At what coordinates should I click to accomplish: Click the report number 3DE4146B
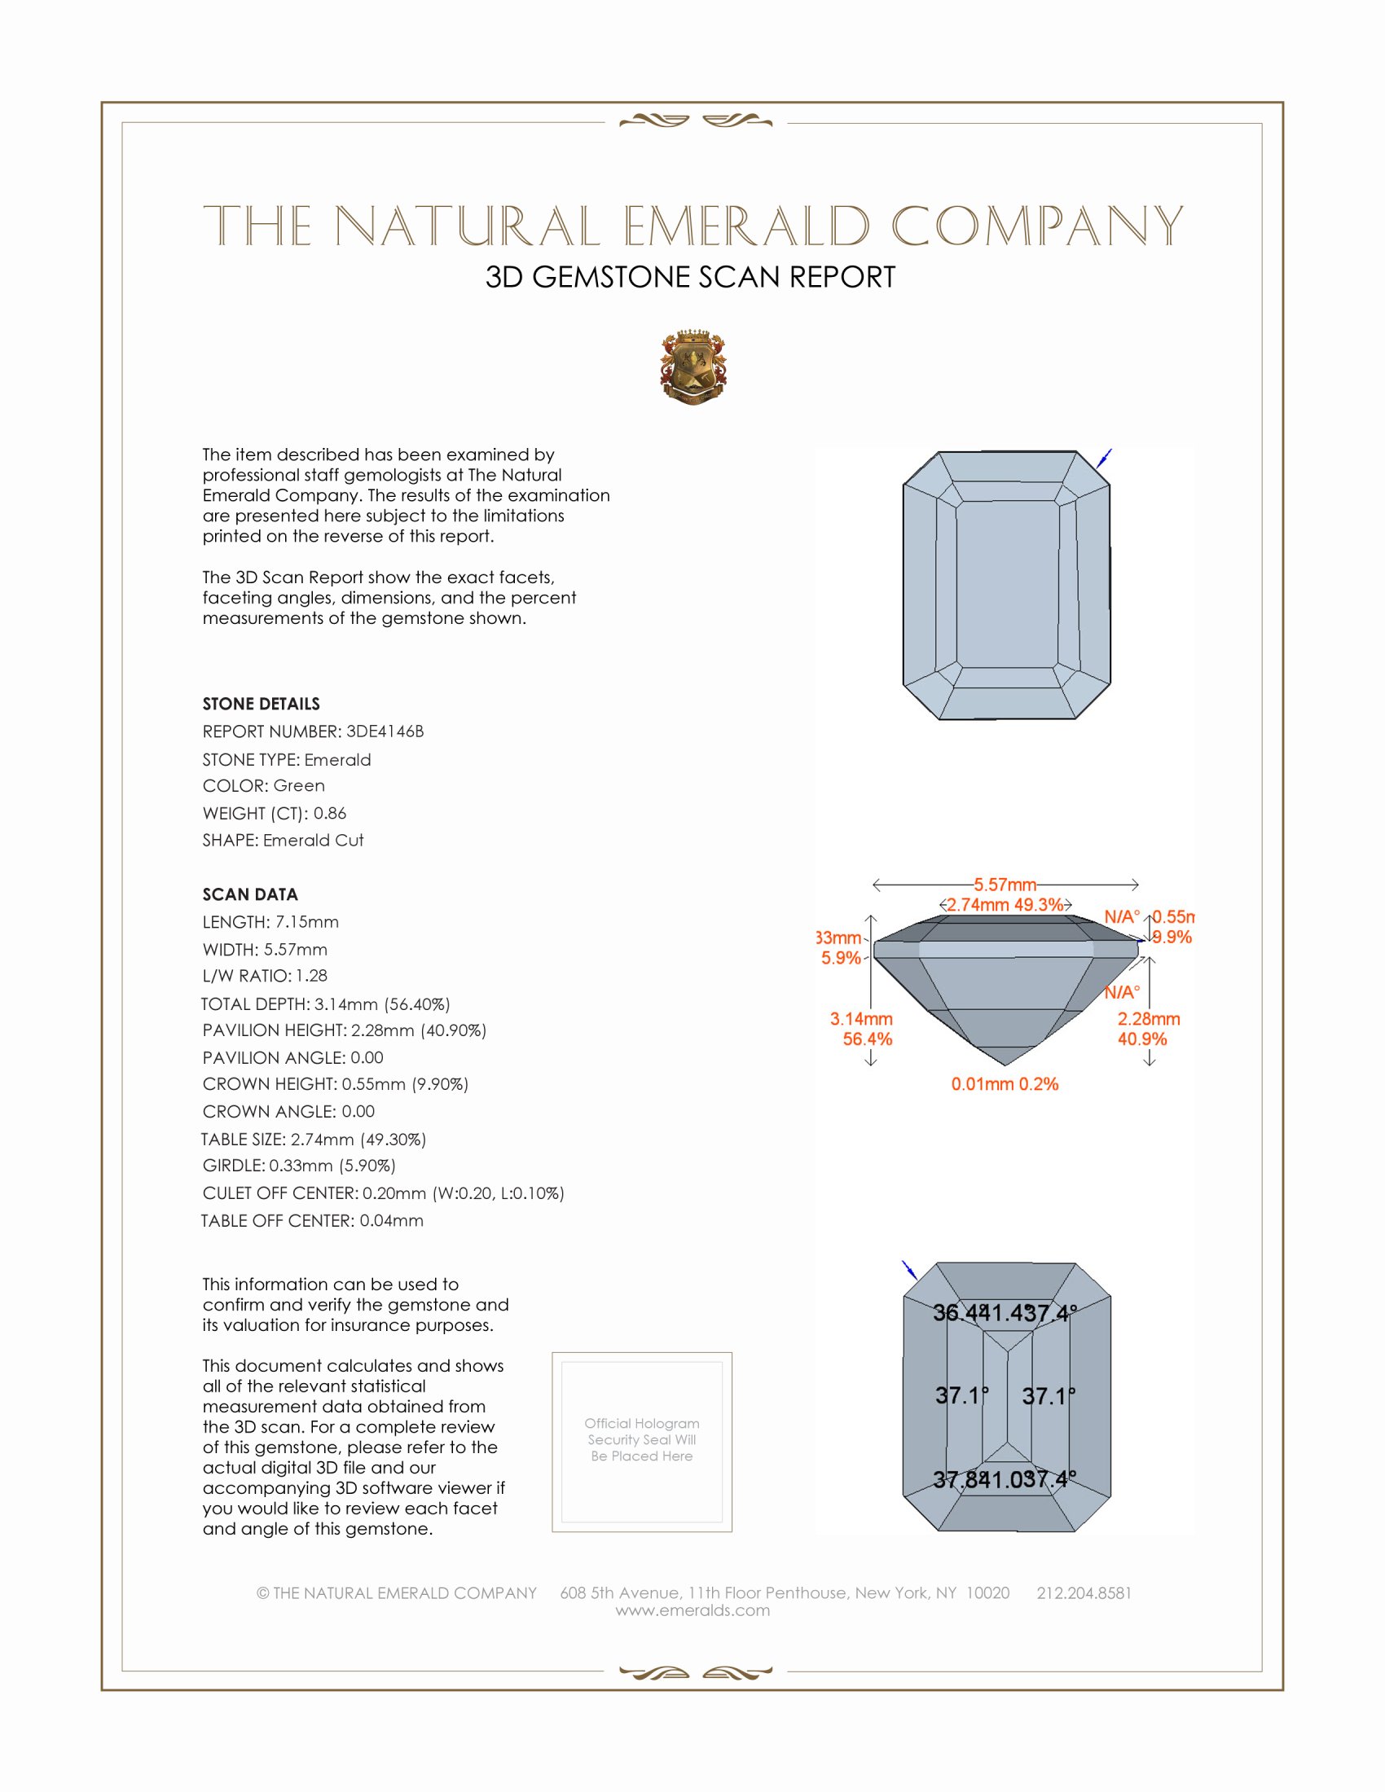(384, 731)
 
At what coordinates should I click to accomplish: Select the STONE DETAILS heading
(261, 703)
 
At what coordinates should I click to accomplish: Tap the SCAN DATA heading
(249, 894)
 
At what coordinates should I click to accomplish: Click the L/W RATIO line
(264, 976)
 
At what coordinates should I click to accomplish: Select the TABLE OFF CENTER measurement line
(312, 1220)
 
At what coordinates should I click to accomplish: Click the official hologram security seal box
(642, 1442)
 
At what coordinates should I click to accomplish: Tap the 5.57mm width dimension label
(1005, 885)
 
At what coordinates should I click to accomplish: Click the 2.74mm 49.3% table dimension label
(1005, 905)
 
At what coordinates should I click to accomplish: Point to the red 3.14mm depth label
(860, 1019)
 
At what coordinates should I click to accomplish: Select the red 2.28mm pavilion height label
(1148, 1019)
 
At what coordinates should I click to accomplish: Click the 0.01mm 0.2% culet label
(1005, 1084)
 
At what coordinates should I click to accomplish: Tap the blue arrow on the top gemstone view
(1105, 458)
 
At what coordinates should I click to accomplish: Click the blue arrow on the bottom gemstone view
(909, 1270)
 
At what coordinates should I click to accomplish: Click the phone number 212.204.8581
(1083, 1592)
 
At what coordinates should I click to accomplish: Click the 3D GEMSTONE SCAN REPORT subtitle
(690, 277)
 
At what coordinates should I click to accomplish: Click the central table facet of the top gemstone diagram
(1007, 584)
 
